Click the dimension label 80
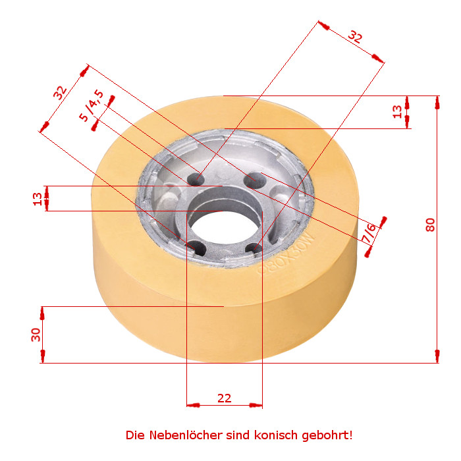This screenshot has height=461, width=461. pyautogui.click(x=430, y=225)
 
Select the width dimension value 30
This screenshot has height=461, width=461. pyautogui.click(x=36, y=335)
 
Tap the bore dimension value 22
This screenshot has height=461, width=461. pyautogui.click(x=225, y=398)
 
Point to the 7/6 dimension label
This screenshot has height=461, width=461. pyautogui.click(x=369, y=233)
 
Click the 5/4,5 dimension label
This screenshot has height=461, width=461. pyautogui.click(x=92, y=105)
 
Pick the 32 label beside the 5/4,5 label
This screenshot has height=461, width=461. pyautogui.click(x=61, y=93)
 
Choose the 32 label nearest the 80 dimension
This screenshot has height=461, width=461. pyautogui.click(x=354, y=37)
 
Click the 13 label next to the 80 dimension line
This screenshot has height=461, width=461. pyautogui.click(x=398, y=112)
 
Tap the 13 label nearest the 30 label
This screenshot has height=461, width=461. pyautogui.click(x=38, y=199)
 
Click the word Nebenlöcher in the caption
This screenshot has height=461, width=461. pyautogui.click(x=186, y=435)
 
